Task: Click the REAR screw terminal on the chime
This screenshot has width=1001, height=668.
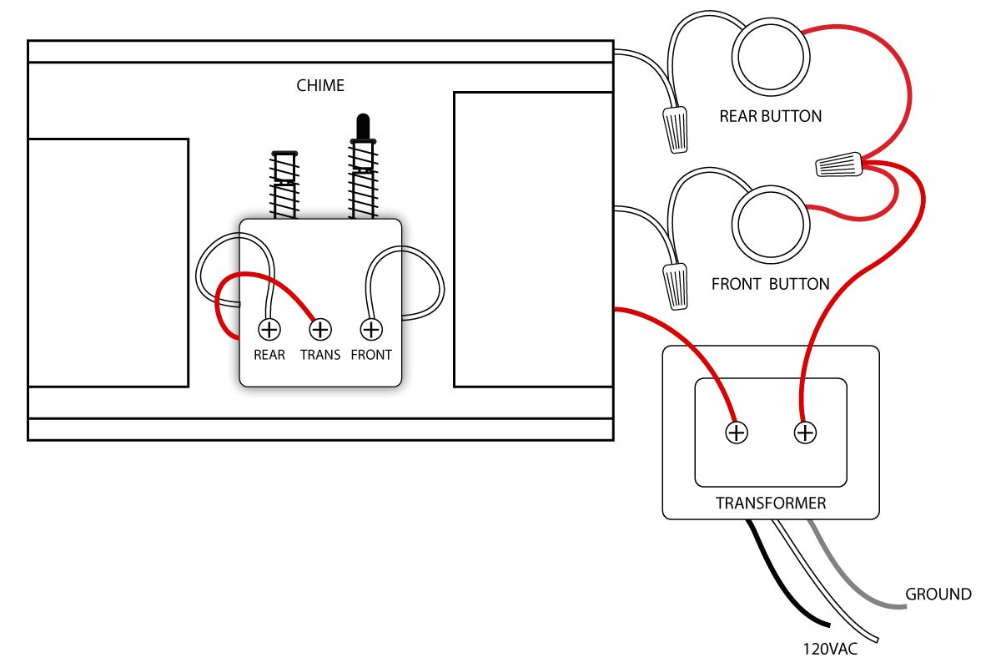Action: (x=269, y=330)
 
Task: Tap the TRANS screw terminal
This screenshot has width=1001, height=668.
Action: (x=320, y=330)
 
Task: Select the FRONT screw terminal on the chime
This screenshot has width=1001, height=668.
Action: (x=370, y=330)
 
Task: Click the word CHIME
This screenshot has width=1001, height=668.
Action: (x=320, y=86)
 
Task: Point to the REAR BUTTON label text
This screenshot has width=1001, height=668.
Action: (x=770, y=117)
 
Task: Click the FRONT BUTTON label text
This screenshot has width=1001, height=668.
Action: (x=770, y=284)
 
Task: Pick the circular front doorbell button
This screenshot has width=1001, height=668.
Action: (x=770, y=223)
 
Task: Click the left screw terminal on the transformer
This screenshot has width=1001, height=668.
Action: (x=737, y=433)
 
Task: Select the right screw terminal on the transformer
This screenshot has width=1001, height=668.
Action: (x=804, y=433)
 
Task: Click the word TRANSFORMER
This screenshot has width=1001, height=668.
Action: (x=771, y=504)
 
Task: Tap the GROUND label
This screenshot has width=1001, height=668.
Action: (x=938, y=595)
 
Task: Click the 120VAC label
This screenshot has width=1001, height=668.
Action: (x=830, y=648)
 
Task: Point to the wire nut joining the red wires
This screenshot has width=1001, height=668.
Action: (x=838, y=164)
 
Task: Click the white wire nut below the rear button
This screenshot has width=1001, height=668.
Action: (x=677, y=129)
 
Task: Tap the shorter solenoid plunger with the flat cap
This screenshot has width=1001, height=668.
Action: (x=284, y=167)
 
